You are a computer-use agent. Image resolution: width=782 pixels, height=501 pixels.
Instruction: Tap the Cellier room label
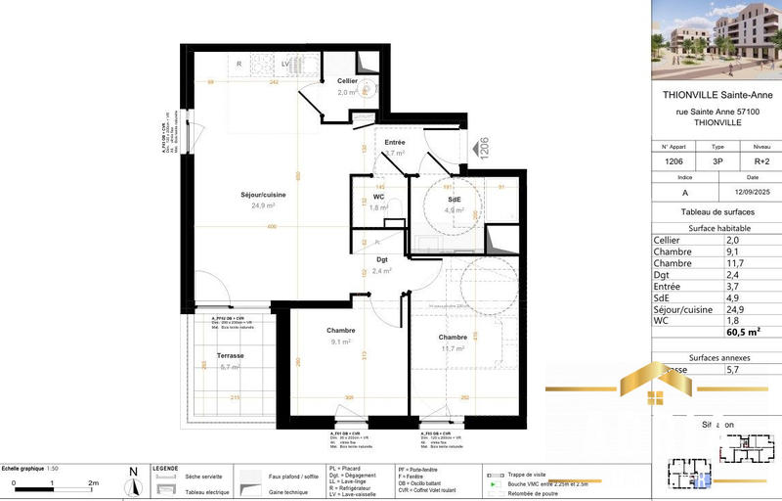[347, 81]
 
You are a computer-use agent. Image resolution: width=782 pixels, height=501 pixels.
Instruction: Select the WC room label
[379, 197]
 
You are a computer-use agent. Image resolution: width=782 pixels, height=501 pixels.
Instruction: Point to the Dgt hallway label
[382, 260]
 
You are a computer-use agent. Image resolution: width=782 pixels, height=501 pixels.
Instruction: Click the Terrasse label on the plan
[231, 355]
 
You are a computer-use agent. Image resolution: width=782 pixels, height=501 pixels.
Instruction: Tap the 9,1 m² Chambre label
[341, 331]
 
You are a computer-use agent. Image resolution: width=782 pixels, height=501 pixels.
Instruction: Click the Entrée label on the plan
[394, 143]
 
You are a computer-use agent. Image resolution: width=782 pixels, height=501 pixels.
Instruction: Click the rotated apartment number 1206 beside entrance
[482, 148]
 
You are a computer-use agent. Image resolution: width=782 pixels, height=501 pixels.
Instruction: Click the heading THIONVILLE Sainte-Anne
[717, 95]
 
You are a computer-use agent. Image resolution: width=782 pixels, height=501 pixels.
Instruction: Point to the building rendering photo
[717, 39]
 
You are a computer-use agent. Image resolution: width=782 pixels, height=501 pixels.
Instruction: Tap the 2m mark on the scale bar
[94, 483]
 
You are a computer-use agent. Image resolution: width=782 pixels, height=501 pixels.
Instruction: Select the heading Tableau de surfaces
[717, 211]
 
